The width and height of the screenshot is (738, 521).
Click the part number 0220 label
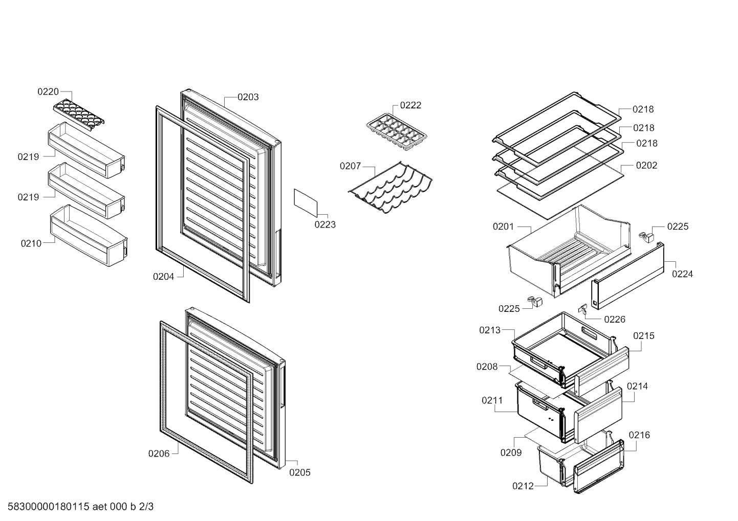pyautogui.click(x=48, y=92)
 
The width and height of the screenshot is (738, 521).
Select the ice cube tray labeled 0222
pyautogui.click(x=396, y=132)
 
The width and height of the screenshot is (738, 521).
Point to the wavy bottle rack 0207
pyautogui.click(x=390, y=187)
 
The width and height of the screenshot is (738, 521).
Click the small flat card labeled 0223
pyautogui.click(x=306, y=203)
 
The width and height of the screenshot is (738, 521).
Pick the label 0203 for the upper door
pyautogui.click(x=248, y=97)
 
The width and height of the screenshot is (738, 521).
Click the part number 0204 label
pyautogui.click(x=163, y=277)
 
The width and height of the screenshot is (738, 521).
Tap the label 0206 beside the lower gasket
pyautogui.click(x=159, y=454)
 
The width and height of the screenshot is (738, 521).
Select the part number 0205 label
pyautogui.click(x=300, y=472)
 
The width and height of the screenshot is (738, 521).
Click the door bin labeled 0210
pyautogui.click(x=89, y=235)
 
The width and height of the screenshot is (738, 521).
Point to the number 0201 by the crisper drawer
pyautogui.click(x=503, y=226)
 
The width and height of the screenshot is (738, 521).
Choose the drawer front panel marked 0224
pyautogui.click(x=627, y=276)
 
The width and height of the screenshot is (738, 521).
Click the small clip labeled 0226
pyautogui.click(x=582, y=308)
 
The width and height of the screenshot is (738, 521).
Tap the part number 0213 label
pyautogui.click(x=490, y=330)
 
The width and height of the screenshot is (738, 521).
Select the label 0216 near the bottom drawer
pyautogui.click(x=639, y=435)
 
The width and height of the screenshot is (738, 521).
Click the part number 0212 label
pyautogui.click(x=523, y=486)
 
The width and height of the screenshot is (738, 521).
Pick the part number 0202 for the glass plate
pyautogui.click(x=646, y=165)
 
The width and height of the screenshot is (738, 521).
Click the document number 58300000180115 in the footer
pyautogui.click(x=49, y=507)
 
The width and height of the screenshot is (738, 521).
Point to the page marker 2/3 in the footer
pyautogui.click(x=146, y=507)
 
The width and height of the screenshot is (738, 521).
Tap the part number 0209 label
pyautogui.click(x=511, y=452)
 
